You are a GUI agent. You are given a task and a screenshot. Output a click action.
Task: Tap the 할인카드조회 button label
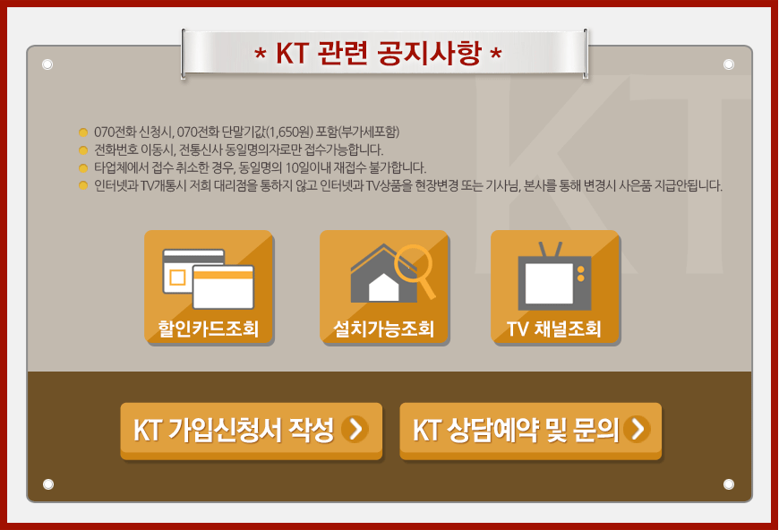click(x=209, y=329)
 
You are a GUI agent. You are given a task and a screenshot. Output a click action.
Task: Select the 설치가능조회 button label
click(x=384, y=329)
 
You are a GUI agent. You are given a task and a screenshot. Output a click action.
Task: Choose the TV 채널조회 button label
click(x=554, y=329)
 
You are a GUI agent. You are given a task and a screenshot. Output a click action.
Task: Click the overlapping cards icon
click(x=209, y=278)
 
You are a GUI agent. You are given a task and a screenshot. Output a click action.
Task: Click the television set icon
click(x=554, y=281)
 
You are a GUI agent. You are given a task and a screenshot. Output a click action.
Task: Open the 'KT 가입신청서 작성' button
click(x=251, y=431)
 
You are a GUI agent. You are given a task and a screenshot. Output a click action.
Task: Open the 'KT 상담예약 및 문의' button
click(x=530, y=431)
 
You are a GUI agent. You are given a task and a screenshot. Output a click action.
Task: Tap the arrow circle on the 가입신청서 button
click(x=355, y=430)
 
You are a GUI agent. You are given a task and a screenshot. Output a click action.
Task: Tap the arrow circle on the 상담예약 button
click(x=638, y=430)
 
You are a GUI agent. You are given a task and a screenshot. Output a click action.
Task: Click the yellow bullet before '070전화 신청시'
click(x=83, y=132)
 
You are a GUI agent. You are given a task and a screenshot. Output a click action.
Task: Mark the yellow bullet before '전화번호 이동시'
click(x=83, y=150)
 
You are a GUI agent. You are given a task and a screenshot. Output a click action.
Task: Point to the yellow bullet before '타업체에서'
click(x=83, y=167)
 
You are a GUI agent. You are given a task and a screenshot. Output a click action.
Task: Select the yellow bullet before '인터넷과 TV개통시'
click(x=83, y=185)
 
